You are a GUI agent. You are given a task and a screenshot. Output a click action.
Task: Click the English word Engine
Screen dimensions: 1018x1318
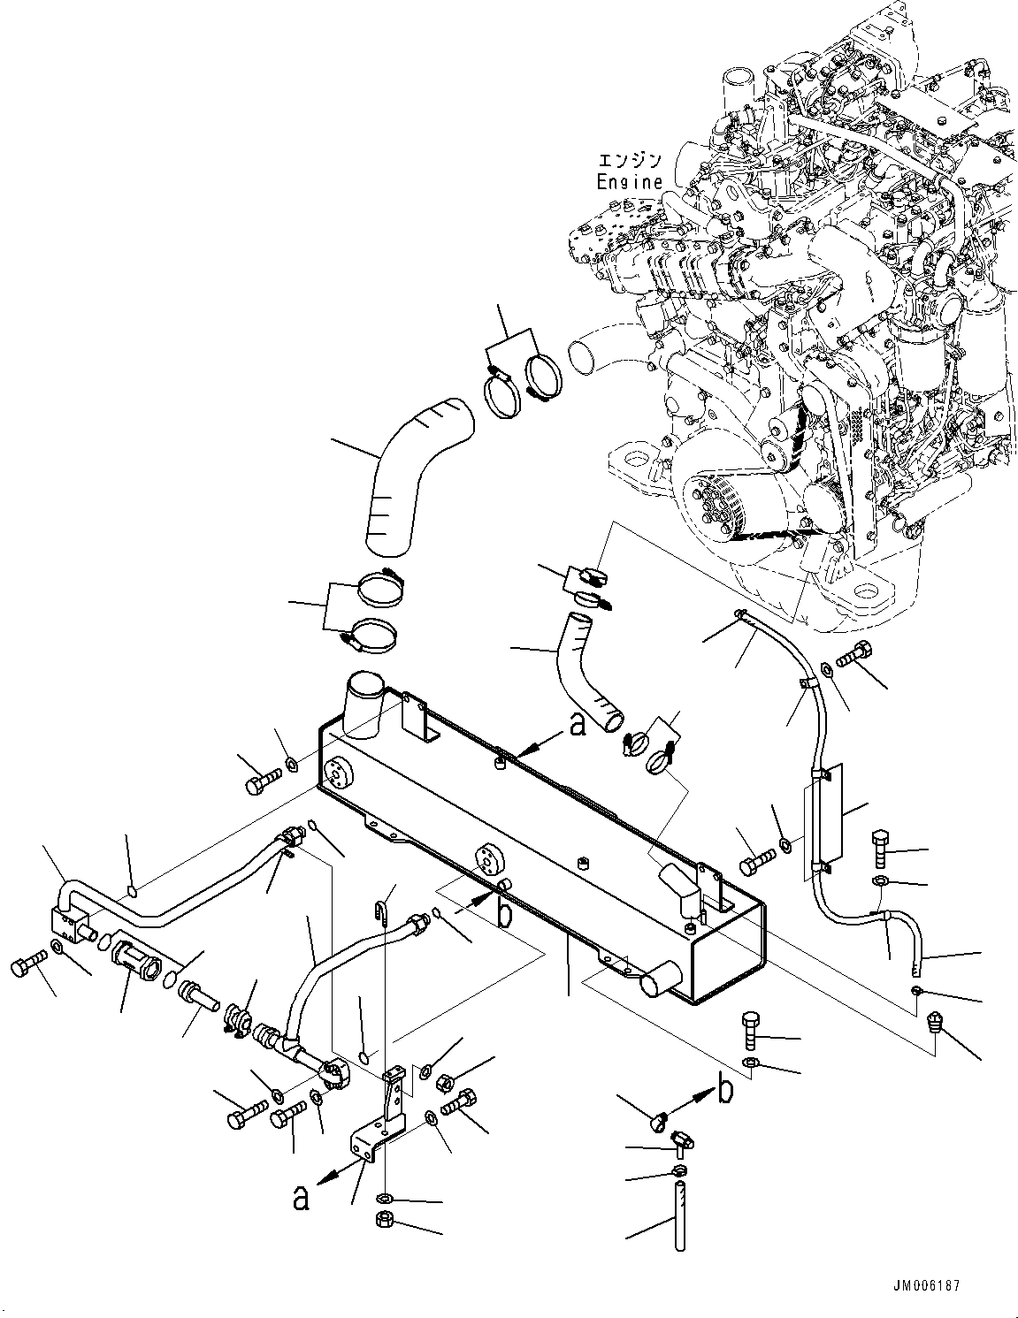tap(629, 181)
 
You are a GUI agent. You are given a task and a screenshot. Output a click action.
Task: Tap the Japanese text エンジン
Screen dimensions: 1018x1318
tap(630, 161)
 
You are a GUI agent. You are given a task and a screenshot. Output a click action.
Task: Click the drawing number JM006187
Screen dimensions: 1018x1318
tap(926, 1284)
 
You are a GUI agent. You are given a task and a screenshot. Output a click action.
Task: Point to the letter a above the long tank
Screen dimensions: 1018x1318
tap(578, 725)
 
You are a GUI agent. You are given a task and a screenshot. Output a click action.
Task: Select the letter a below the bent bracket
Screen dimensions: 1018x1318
tap(301, 1198)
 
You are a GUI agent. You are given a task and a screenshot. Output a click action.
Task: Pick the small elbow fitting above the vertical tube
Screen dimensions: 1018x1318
tap(677, 1139)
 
